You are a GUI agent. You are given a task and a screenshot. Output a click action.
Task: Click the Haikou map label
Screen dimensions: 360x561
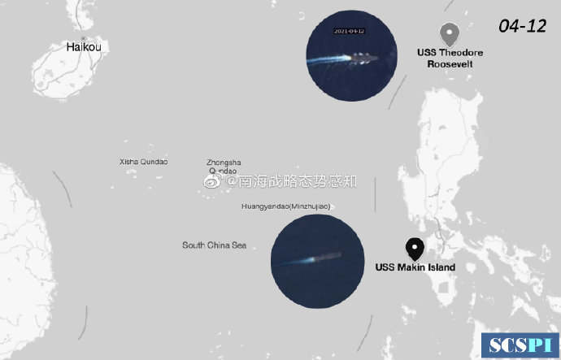(85, 47)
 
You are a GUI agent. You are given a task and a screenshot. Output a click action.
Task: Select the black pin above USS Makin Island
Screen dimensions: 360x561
(415, 248)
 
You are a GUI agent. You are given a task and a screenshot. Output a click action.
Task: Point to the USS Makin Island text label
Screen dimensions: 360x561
(415, 267)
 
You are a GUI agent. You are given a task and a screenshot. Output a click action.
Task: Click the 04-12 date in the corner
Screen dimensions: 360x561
(522, 26)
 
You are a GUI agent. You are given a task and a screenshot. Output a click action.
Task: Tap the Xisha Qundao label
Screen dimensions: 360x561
(144, 162)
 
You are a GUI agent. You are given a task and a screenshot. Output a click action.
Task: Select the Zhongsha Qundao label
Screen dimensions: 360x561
(224, 167)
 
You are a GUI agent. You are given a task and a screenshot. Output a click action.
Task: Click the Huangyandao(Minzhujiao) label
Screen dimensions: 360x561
(285, 206)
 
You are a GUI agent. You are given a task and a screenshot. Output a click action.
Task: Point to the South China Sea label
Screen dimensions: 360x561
(214, 245)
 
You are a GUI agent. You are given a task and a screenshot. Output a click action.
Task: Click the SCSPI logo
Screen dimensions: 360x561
(520, 345)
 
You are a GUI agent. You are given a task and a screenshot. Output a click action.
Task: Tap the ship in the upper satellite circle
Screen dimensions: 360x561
(362, 58)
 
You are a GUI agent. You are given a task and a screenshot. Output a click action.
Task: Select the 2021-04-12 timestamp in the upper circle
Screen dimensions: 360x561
(350, 32)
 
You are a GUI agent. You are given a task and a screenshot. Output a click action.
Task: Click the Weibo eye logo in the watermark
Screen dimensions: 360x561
(211, 182)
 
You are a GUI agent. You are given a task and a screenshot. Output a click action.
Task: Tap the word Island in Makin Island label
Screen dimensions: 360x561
(439, 267)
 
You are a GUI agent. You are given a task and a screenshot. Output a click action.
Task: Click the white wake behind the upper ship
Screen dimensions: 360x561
(333, 59)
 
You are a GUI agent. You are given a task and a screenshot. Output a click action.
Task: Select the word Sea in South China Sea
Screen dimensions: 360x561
(238, 245)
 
